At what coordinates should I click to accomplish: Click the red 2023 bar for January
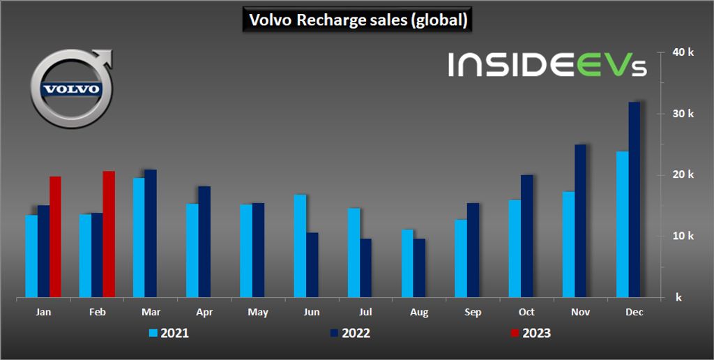click(x=55, y=237)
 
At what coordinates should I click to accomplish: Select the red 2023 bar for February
click(x=109, y=234)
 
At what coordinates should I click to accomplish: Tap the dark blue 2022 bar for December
click(x=634, y=200)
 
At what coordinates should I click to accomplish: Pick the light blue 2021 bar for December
click(x=622, y=225)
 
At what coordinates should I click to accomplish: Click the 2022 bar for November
click(x=580, y=221)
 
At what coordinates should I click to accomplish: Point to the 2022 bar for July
click(x=365, y=269)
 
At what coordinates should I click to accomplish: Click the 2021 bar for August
click(x=407, y=264)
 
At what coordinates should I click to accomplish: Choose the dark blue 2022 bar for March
click(x=151, y=234)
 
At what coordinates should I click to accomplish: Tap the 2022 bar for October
click(x=526, y=237)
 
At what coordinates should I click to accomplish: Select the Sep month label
click(x=473, y=313)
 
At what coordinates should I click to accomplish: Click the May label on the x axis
click(x=258, y=313)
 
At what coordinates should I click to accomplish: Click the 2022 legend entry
click(x=349, y=333)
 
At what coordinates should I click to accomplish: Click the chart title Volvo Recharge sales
click(x=358, y=20)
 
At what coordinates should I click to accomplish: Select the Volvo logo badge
click(x=71, y=89)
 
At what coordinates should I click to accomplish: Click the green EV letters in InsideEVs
click(x=602, y=64)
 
